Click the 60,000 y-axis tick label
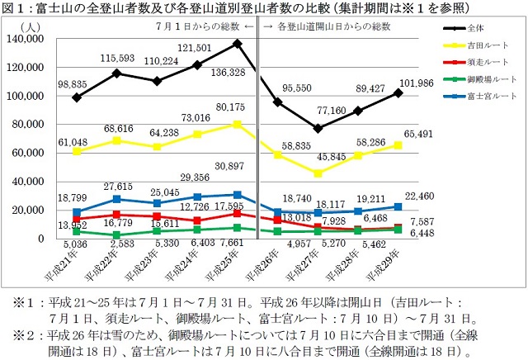pos(31,153)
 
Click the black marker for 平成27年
pos(318,128)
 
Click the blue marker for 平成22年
pos(116,199)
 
